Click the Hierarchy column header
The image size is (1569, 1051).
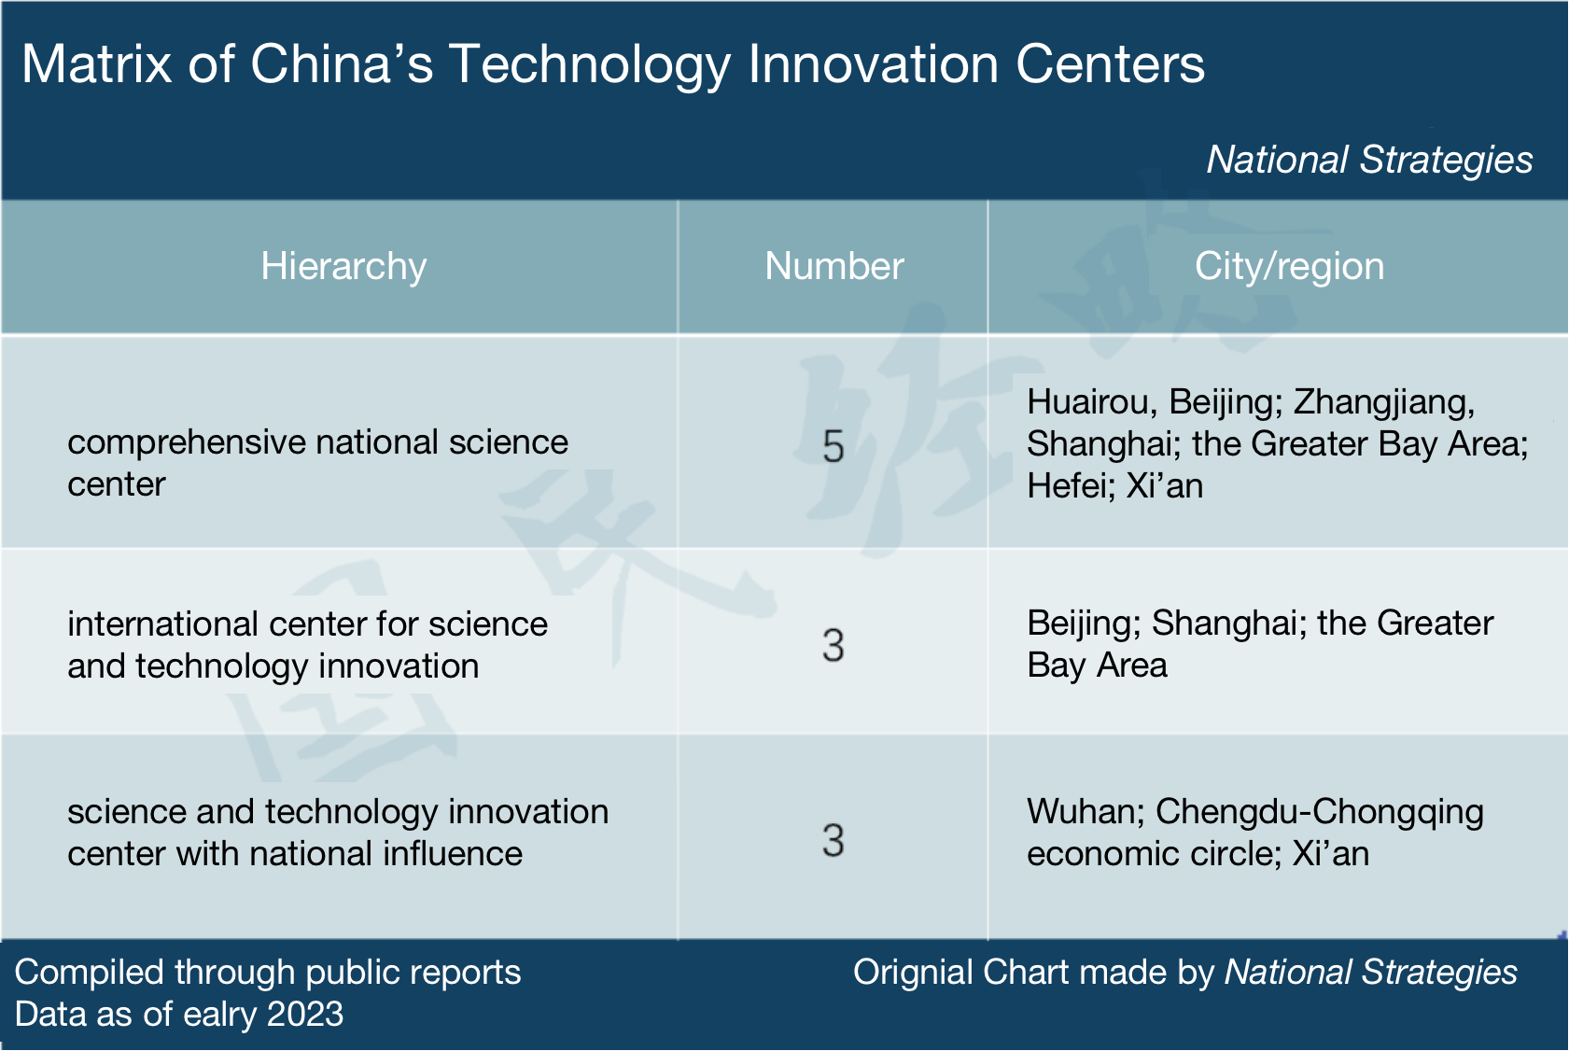343,267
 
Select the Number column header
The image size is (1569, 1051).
834,267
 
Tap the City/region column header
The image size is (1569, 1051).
1289,267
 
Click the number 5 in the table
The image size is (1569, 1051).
833,447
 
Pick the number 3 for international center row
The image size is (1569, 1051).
833,646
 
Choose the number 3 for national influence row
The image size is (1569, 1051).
833,840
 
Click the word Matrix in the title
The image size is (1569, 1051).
96,64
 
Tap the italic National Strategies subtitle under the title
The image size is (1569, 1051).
1369,160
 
